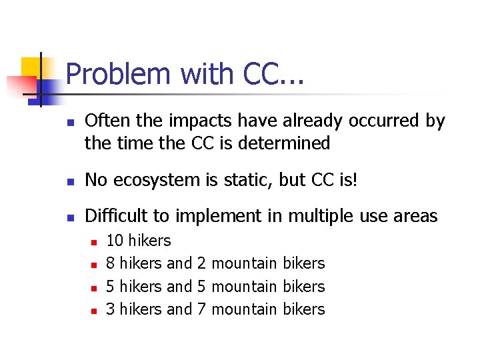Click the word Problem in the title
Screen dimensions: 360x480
(x=118, y=74)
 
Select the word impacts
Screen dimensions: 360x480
(x=186, y=121)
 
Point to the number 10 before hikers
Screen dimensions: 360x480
(x=115, y=241)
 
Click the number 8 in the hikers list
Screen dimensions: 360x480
(x=111, y=263)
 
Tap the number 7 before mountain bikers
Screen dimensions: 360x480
(x=201, y=309)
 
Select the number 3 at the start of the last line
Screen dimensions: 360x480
(x=111, y=309)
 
